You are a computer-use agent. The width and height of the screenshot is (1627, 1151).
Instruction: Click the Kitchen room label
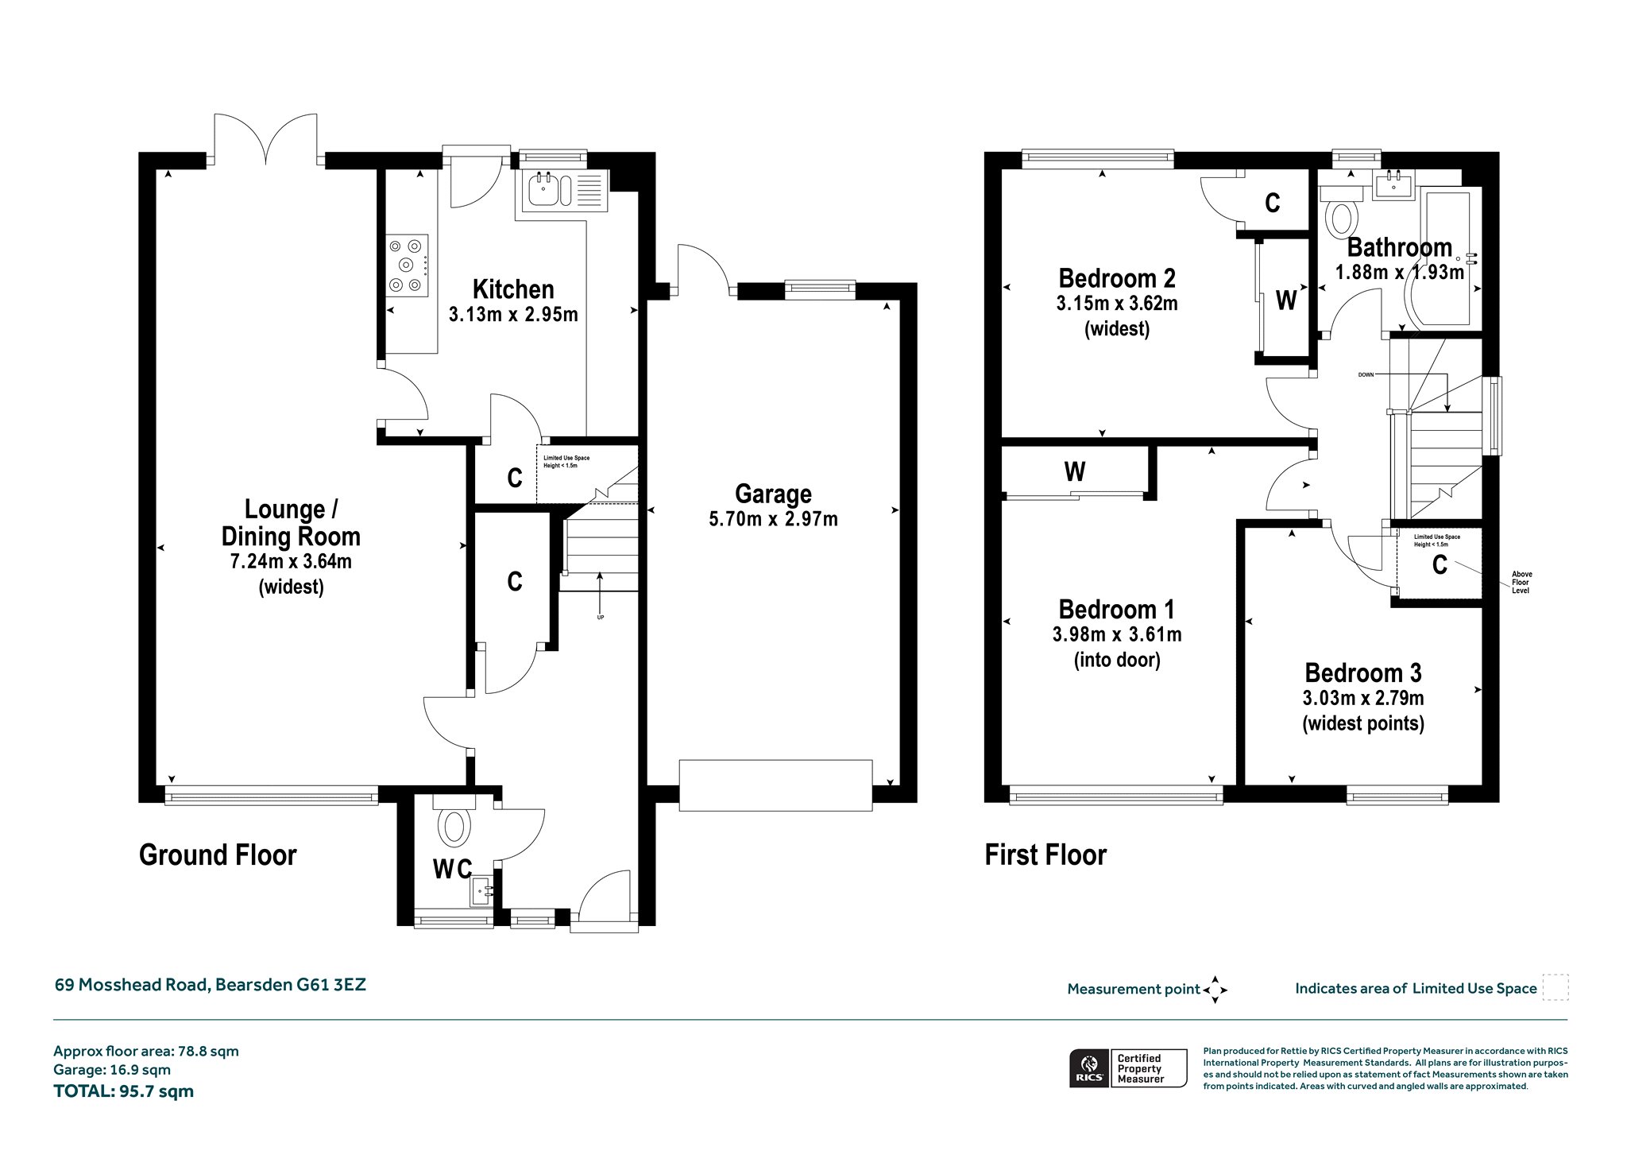point(513,289)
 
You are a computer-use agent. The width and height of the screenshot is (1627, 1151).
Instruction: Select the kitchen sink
point(563,191)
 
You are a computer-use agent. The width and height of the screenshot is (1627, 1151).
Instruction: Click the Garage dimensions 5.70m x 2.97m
point(773,520)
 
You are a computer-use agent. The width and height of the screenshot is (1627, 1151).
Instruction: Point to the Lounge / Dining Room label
point(291,523)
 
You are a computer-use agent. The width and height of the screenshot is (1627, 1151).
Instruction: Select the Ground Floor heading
point(218,855)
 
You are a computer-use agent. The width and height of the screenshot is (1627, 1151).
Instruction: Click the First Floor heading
point(1045,855)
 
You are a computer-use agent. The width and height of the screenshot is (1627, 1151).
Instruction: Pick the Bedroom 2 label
point(1117,278)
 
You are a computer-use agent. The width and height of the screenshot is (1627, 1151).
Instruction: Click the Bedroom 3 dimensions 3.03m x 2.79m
point(1363,699)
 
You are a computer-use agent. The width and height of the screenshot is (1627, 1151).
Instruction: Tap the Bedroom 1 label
point(1117,610)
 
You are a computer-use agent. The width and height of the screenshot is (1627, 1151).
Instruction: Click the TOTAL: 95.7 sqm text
point(123,1091)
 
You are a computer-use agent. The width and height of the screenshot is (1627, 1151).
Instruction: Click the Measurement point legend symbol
point(1215,990)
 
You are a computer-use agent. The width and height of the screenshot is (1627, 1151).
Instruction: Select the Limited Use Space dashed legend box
point(1556,987)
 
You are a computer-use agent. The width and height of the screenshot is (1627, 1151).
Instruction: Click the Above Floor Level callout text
point(1522,583)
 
